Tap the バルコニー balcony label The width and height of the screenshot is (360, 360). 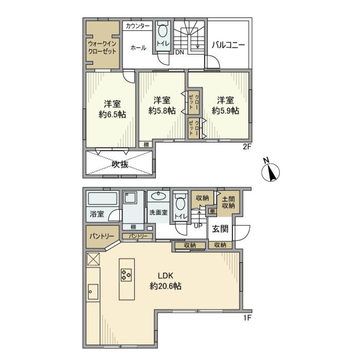(228, 45)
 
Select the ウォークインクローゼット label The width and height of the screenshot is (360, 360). (102, 47)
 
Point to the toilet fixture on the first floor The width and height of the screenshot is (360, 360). (180, 204)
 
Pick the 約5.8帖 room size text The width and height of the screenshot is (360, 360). (162, 111)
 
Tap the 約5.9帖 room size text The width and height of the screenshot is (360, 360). (225, 111)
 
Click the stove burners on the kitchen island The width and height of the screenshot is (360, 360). (126, 276)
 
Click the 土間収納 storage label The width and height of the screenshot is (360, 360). (227, 202)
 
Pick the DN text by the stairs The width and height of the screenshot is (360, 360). (180, 52)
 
